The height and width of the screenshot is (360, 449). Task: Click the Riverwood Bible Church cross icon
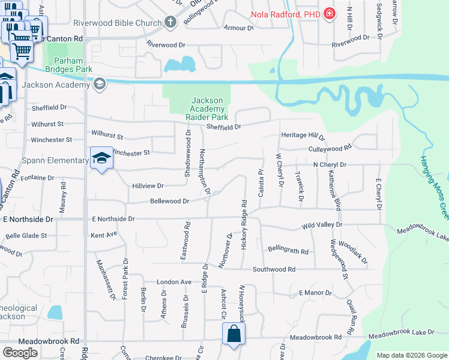[170, 23]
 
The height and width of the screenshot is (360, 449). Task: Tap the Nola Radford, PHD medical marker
[329, 13]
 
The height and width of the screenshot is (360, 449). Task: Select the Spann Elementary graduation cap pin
[101, 159]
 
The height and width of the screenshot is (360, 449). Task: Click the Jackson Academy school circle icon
[100, 84]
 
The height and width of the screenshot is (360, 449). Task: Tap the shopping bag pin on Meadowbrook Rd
[233, 335]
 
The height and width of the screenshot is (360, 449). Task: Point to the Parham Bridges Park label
[73, 65]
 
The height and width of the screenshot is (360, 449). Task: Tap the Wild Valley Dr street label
[322, 225]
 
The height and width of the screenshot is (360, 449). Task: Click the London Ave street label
[173, 281]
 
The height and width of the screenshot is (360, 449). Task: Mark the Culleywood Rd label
[330, 148]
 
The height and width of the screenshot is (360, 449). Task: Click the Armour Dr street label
[238, 28]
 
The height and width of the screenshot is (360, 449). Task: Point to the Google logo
[20, 352]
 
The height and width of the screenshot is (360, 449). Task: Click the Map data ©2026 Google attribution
[412, 355]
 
